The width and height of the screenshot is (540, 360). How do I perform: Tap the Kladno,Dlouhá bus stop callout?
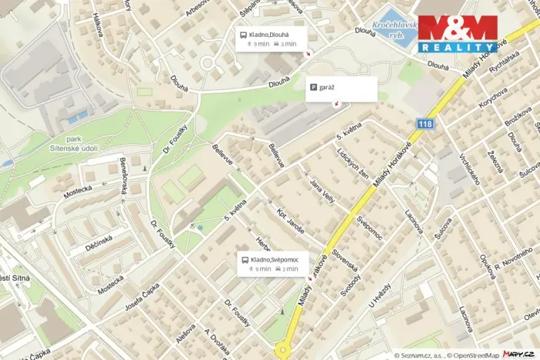(271, 38)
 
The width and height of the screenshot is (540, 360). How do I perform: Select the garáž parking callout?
(342, 88)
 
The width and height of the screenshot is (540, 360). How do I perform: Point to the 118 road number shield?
(426, 124)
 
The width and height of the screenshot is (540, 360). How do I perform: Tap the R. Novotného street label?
(513, 261)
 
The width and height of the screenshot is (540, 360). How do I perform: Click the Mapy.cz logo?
(518, 354)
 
